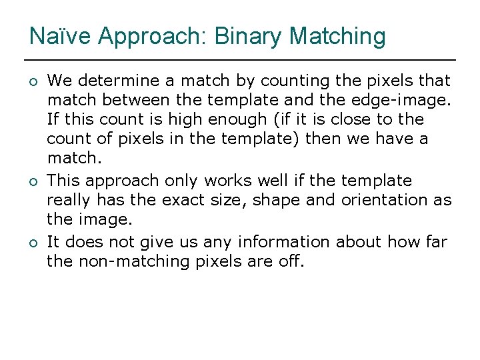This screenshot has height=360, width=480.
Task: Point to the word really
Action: (69, 200)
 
